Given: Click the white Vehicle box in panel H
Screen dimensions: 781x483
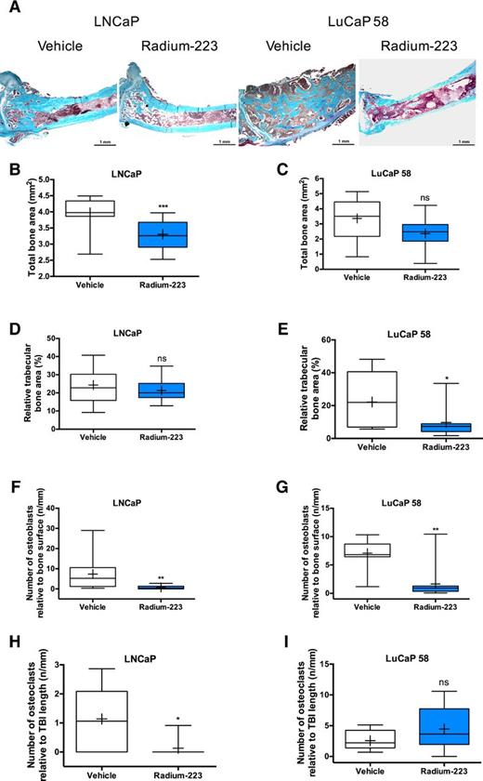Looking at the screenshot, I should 104,717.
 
